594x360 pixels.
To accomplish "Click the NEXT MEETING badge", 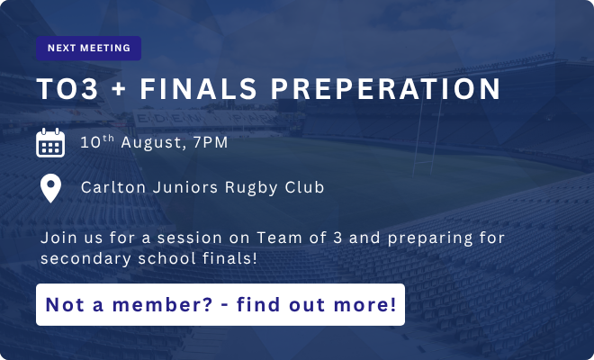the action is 88,48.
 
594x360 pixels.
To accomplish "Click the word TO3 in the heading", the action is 67,89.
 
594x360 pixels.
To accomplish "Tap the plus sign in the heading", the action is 119,89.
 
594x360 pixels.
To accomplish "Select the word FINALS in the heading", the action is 199,89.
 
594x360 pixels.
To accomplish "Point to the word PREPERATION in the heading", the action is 385,89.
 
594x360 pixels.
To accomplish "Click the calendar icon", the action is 50,142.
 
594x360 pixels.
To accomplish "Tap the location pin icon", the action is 50,188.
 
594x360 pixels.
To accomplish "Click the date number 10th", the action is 97,141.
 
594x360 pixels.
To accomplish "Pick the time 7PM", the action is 211,142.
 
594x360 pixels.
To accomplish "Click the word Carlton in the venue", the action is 113,187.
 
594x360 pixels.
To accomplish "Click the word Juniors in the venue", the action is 185,187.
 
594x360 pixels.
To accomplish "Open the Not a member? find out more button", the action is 220,305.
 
